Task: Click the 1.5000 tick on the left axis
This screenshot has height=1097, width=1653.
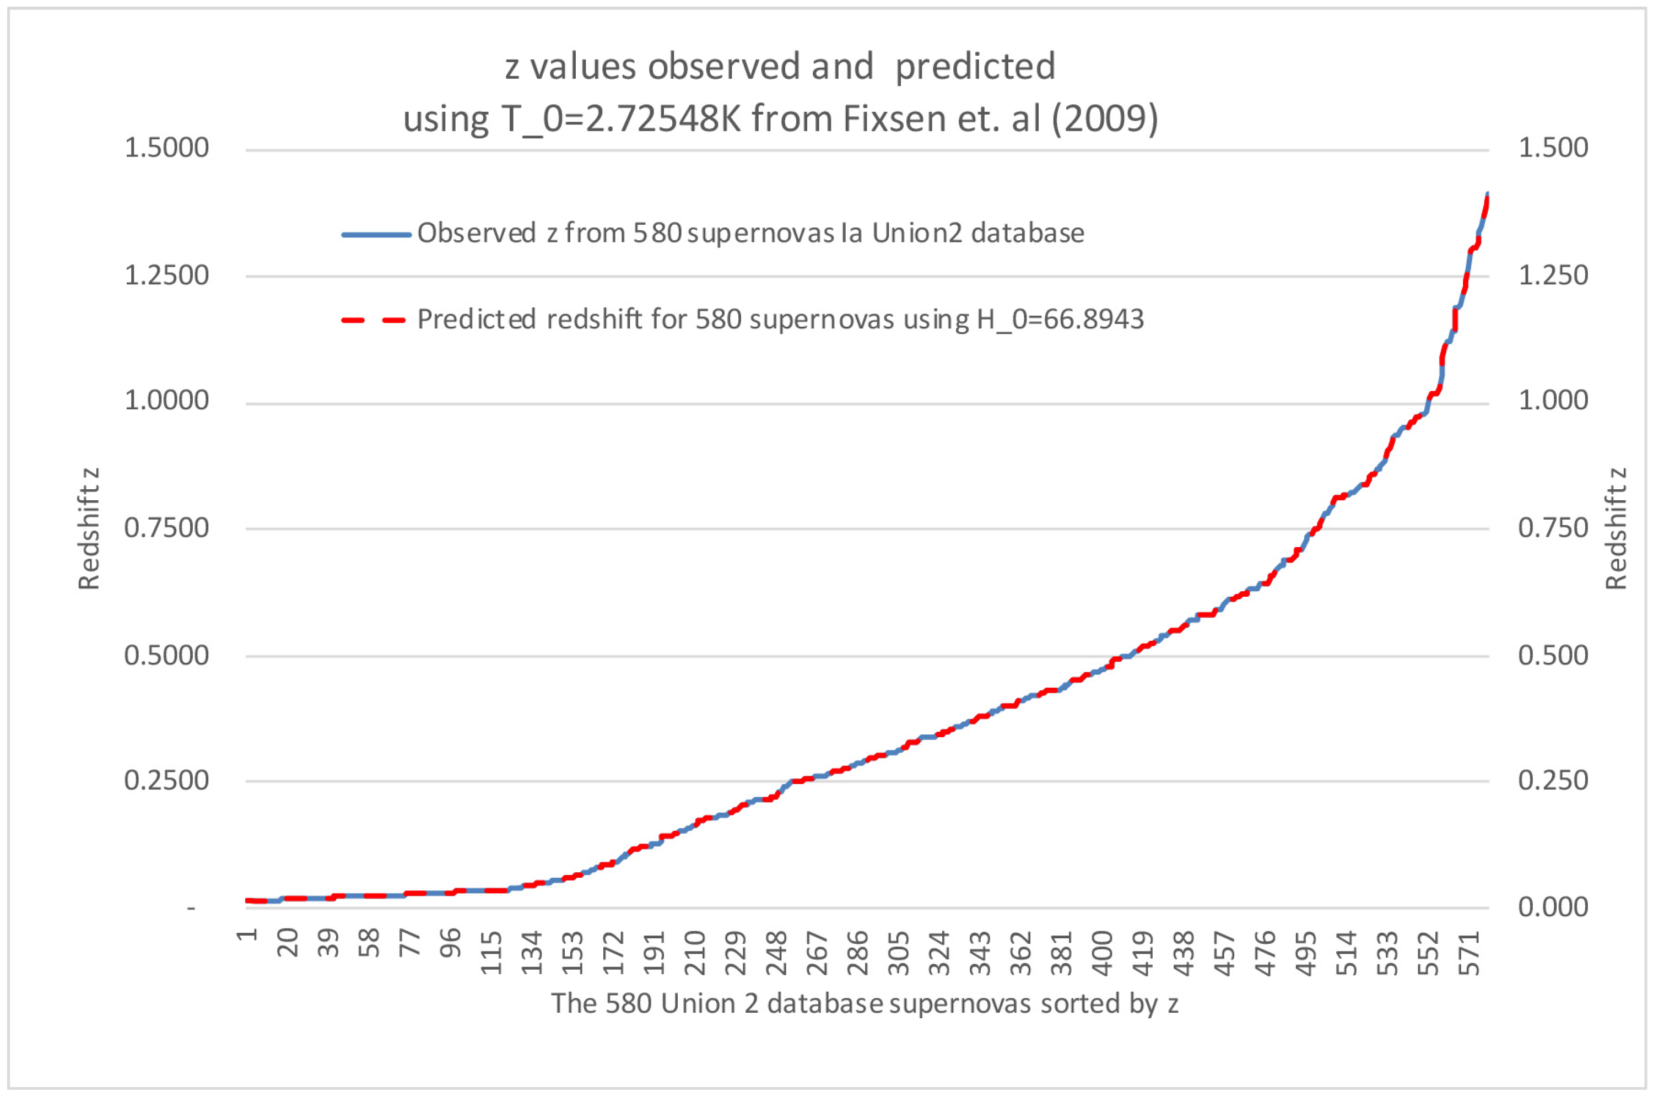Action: point(166,148)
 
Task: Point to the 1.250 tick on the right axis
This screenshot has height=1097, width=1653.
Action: point(1553,275)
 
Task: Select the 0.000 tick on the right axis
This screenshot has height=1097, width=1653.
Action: point(1553,907)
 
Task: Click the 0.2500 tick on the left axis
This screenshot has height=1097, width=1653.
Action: point(166,780)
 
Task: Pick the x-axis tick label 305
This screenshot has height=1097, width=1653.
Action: point(898,953)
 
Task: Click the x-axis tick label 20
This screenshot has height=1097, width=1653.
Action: point(288,943)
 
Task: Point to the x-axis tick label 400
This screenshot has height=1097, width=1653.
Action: point(1102,953)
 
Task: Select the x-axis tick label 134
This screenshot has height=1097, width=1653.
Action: point(532,953)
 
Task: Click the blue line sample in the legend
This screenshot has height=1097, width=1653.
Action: point(376,234)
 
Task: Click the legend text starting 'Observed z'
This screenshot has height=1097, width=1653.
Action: point(750,233)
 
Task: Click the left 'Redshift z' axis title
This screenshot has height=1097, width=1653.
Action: point(89,528)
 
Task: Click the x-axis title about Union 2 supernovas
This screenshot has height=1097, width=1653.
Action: point(865,1003)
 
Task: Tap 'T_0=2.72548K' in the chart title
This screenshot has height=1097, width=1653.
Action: point(620,119)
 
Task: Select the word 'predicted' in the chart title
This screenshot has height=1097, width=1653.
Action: point(975,67)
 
